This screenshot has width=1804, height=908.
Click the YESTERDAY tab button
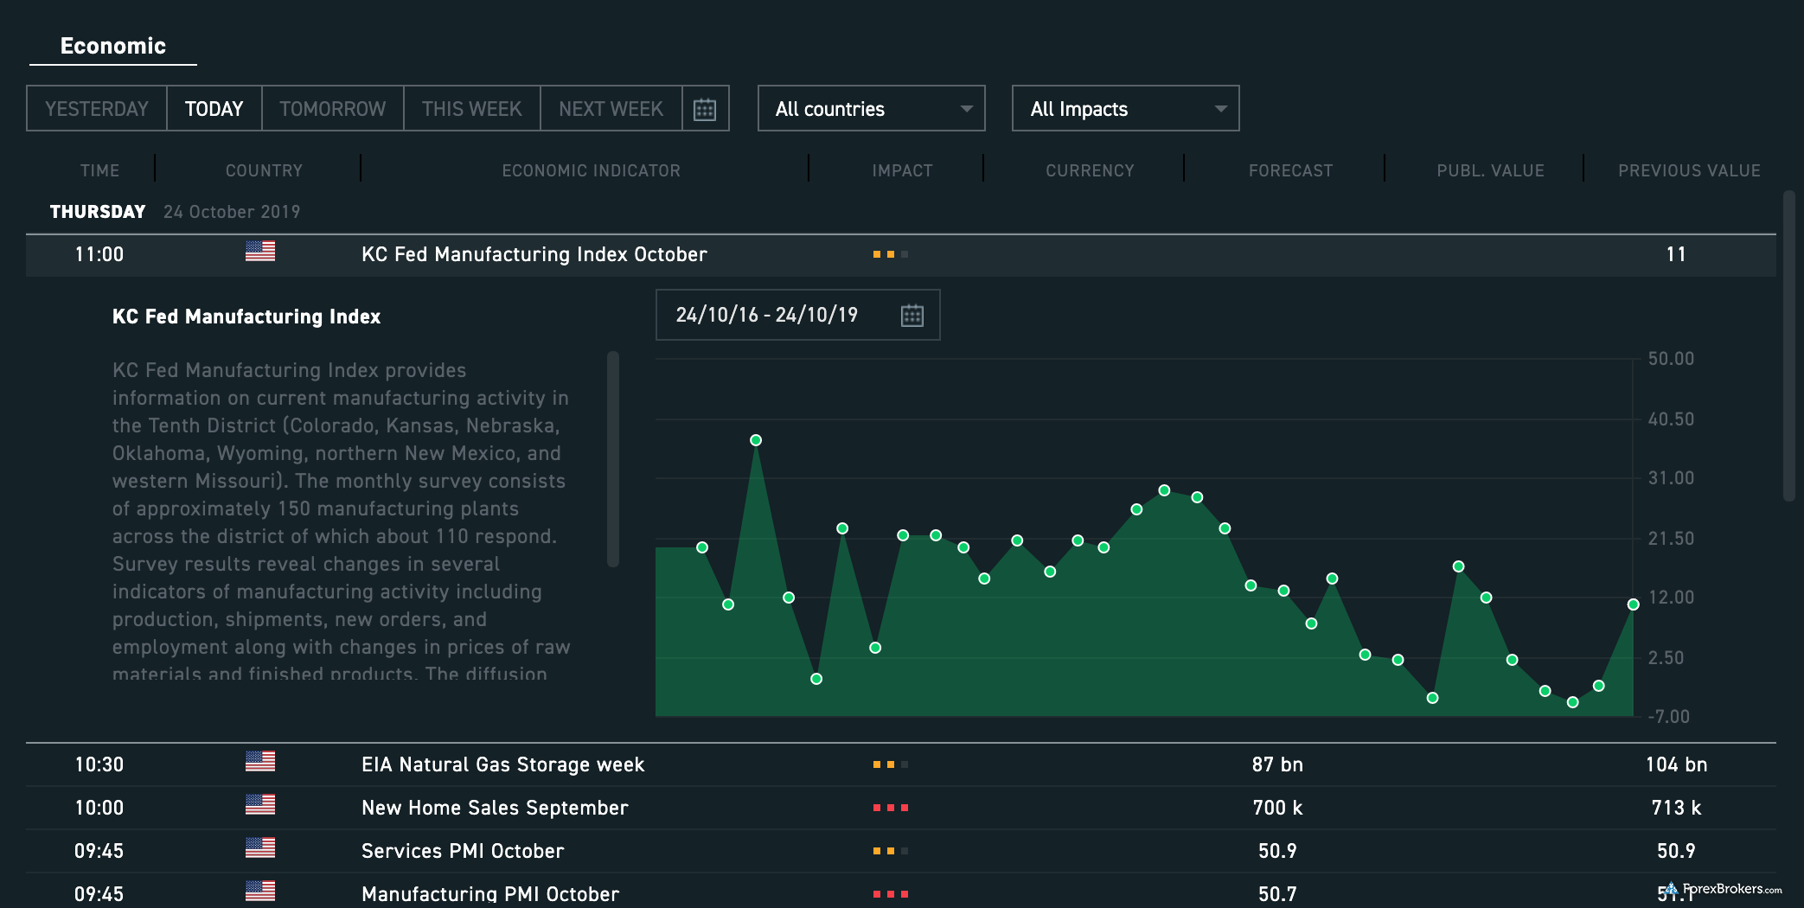tap(96, 109)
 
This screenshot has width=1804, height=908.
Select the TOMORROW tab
tap(332, 109)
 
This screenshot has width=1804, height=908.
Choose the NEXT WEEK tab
tap(611, 109)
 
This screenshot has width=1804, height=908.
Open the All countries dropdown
tap(871, 109)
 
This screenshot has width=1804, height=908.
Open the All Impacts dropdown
tap(1125, 109)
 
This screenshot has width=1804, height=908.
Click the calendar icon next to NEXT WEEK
tap(705, 110)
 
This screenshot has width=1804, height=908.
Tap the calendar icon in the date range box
tap(912, 316)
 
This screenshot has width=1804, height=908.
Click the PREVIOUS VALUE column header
tap(1688, 171)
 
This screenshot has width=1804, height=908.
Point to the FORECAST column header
tap(1290, 171)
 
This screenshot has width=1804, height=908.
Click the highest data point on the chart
tap(756, 440)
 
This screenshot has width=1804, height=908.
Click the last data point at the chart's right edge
tap(1633, 604)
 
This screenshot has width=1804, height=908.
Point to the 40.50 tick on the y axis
tap(1670, 419)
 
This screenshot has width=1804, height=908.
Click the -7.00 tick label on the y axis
tap(1668, 717)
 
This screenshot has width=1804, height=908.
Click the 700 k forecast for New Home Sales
tap(1276, 808)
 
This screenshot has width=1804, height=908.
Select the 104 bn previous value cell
tap(1675, 764)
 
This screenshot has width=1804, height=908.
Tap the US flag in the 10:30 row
tap(259, 761)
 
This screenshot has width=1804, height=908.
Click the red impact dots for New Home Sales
tap(890, 808)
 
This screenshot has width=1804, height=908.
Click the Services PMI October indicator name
tap(463, 851)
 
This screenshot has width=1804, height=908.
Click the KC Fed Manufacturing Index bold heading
tap(246, 317)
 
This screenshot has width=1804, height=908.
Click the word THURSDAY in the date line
tap(98, 212)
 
